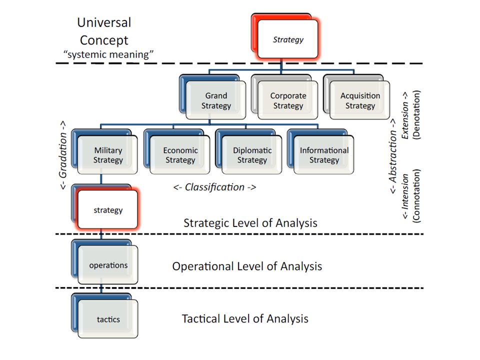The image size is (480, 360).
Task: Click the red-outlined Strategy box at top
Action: [288, 39]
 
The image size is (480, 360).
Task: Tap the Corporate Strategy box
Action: [288, 100]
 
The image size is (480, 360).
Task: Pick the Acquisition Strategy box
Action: [360, 100]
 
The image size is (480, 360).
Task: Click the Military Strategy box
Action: [108, 155]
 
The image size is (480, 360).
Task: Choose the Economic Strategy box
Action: [180, 155]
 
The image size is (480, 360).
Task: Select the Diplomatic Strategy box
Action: [252, 155]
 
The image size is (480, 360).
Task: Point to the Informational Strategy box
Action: [324, 155]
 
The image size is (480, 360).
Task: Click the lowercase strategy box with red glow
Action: [108, 210]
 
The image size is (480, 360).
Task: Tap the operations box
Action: [108, 265]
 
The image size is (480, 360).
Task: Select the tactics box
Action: [108, 319]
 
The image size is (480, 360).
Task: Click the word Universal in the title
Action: [104, 22]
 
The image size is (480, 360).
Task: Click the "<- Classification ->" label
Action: [214, 187]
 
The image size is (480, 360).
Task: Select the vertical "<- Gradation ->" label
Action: [64, 155]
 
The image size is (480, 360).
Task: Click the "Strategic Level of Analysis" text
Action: [250, 222]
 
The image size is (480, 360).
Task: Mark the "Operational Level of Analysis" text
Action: [247, 266]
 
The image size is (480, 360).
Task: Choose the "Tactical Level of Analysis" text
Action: [245, 318]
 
